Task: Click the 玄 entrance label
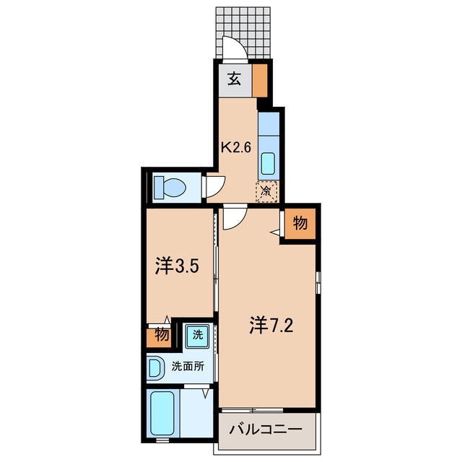[234, 79]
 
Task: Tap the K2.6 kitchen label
[236, 147]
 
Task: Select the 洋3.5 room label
[177, 266]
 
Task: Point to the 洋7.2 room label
[271, 325]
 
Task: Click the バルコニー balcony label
[266, 430]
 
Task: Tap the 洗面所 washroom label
[188, 366]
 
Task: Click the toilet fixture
[170, 187]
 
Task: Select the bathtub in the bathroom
[162, 412]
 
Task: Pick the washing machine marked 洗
[198, 336]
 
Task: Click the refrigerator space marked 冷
[267, 192]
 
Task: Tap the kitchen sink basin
[268, 164]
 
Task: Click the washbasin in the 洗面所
[155, 367]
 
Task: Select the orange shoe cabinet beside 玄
[260, 81]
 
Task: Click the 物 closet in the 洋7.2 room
[300, 223]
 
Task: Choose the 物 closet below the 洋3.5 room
[159, 335]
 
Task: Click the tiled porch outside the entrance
[243, 32]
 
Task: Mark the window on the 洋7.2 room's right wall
[318, 282]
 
